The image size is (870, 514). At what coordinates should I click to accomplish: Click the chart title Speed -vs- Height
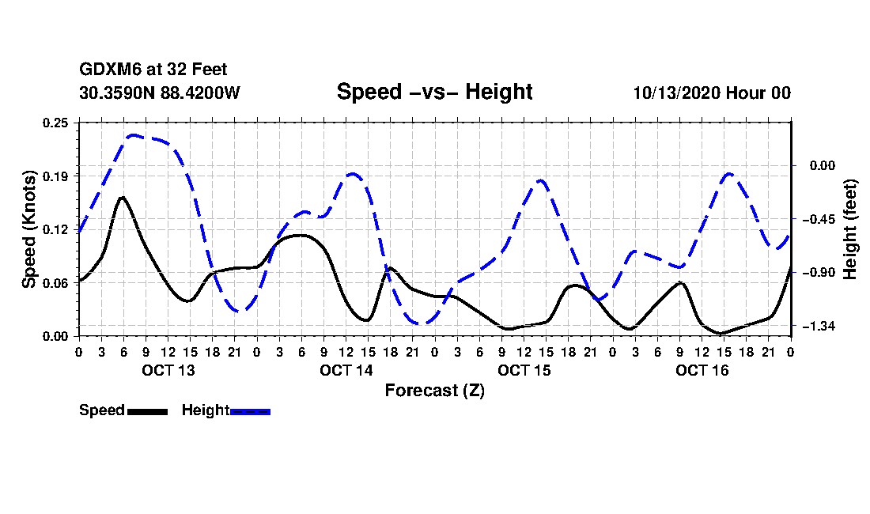pyautogui.click(x=434, y=92)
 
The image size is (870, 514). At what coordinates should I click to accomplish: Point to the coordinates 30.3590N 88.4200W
pyautogui.click(x=159, y=93)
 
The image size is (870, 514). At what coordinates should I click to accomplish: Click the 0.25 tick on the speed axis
pyautogui.click(x=56, y=123)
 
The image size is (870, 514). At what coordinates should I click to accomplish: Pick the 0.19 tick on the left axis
pyautogui.click(x=56, y=176)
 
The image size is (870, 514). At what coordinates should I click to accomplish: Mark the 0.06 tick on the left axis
pyautogui.click(x=56, y=282)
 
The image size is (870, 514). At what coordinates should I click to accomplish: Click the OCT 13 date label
pyautogui.click(x=168, y=370)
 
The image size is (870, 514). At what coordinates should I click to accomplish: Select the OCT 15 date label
pyautogui.click(x=524, y=370)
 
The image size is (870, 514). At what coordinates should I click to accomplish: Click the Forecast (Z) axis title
pyautogui.click(x=434, y=390)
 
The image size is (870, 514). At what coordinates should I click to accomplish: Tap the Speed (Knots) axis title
pyautogui.click(x=29, y=229)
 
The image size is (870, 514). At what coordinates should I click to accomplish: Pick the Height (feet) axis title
pyautogui.click(x=851, y=229)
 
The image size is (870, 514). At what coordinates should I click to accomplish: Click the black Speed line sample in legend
pyautogui.click(x=147, y=411)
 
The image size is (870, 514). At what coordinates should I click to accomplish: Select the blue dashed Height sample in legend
pyautogui.click(x=251, y=411)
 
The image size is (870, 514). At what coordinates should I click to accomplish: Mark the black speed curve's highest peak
pyautogui.click(x=122, y=197)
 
